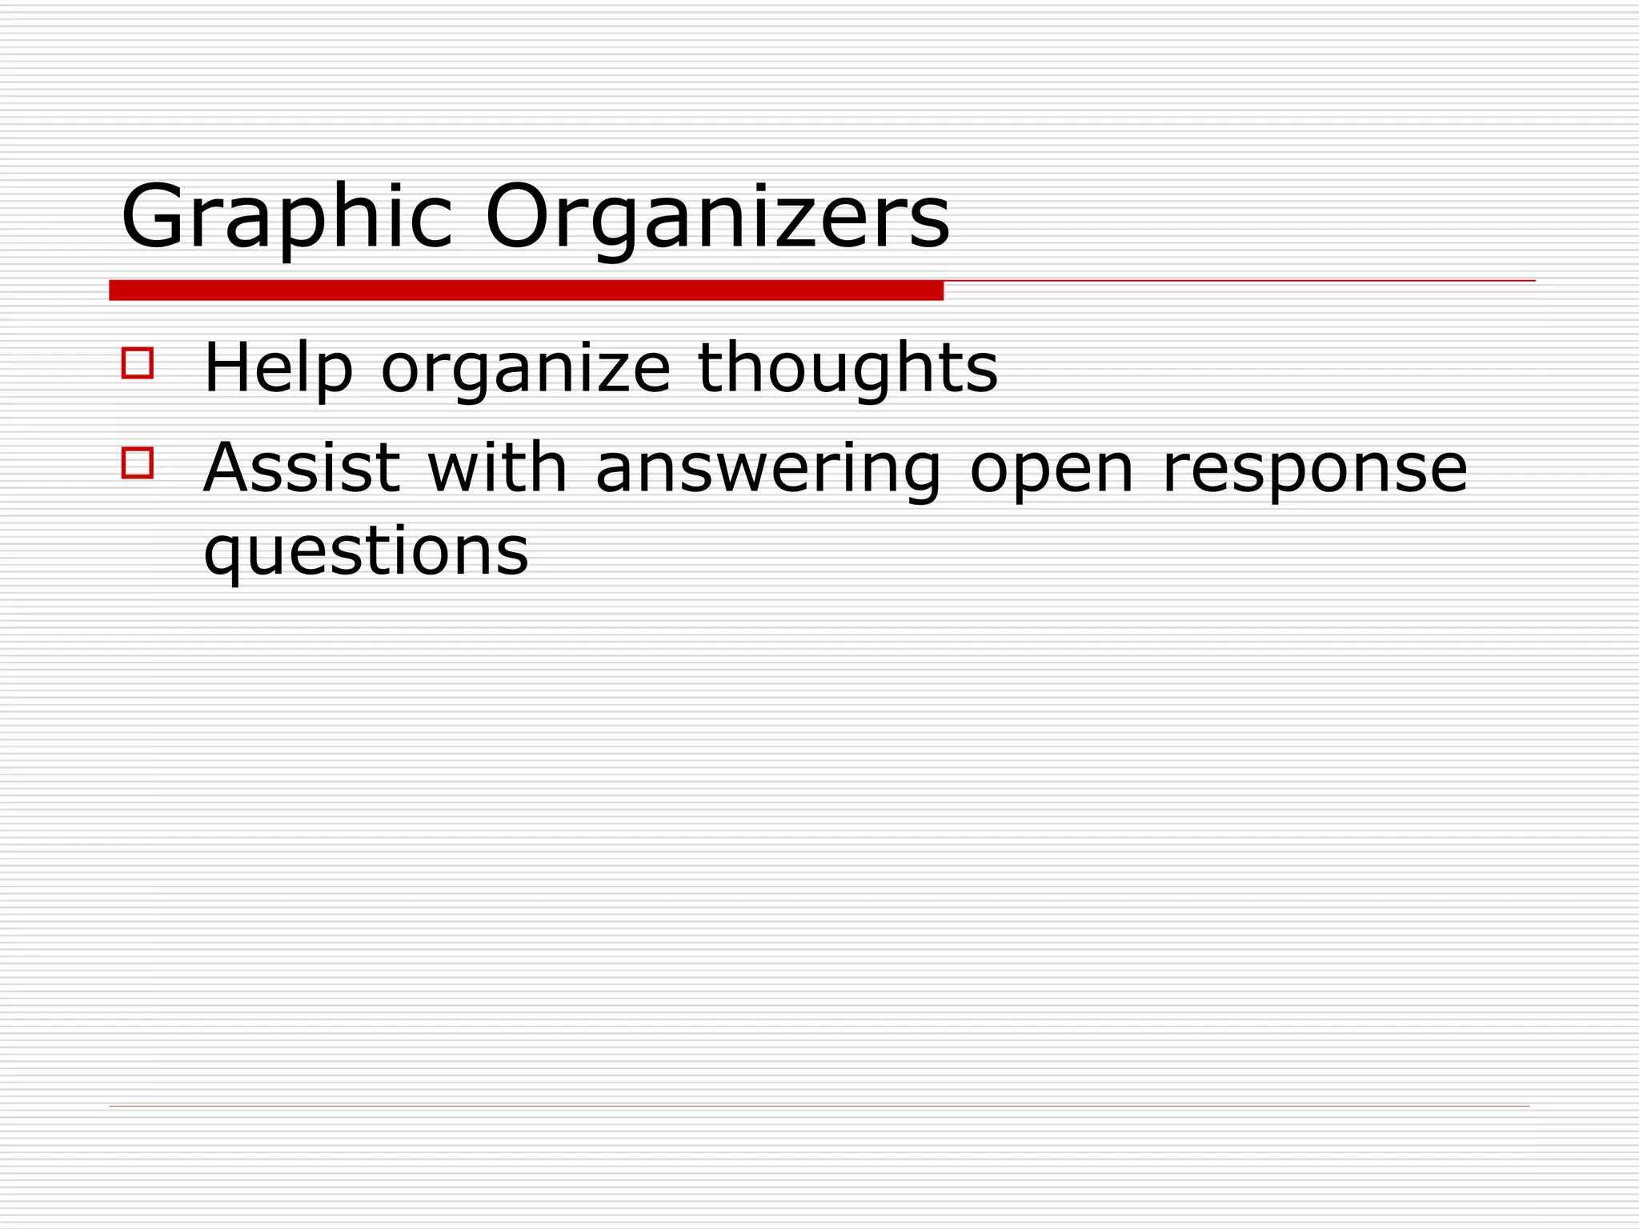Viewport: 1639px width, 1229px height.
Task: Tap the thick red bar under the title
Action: [x=526, y=291]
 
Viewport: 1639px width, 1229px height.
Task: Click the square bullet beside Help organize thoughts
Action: [x=138, y=362]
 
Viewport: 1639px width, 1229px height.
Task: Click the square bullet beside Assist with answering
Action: [x=138, y=462]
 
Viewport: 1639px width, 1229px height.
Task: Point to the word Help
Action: [x=278, y=368]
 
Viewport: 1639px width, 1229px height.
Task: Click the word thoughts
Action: [x=848, y=368]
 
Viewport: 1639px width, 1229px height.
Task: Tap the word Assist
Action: [x=302, y=467]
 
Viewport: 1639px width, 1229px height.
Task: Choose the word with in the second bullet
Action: [x=497, y=467]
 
